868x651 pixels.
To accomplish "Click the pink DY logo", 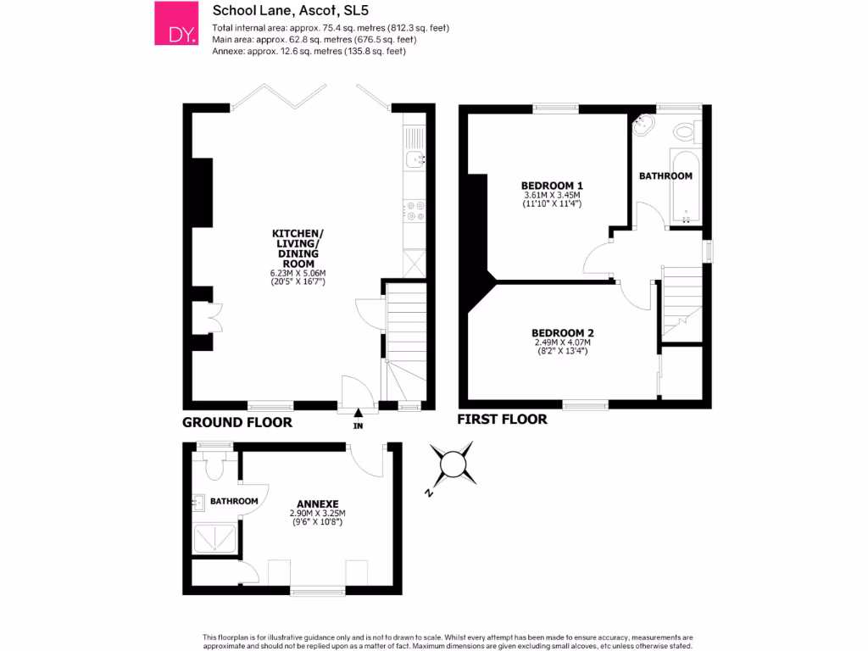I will click(x=175, y=24).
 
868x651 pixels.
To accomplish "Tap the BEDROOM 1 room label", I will click(x=552, y=186).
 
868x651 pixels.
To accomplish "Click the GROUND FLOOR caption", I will click(x=237, y=422).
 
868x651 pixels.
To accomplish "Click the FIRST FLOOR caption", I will click(x=502, y=420).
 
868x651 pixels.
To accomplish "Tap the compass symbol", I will click(x=453, y=464).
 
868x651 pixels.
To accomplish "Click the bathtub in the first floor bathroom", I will click(x=682, y=188).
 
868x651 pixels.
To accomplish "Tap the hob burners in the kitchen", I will click(x=415, y=210).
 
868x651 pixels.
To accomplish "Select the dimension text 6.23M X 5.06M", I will click(x=298, y=273).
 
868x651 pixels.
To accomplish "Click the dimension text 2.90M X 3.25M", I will click(x=318, y=514).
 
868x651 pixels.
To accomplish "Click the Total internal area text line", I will click(x=331, y=28).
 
